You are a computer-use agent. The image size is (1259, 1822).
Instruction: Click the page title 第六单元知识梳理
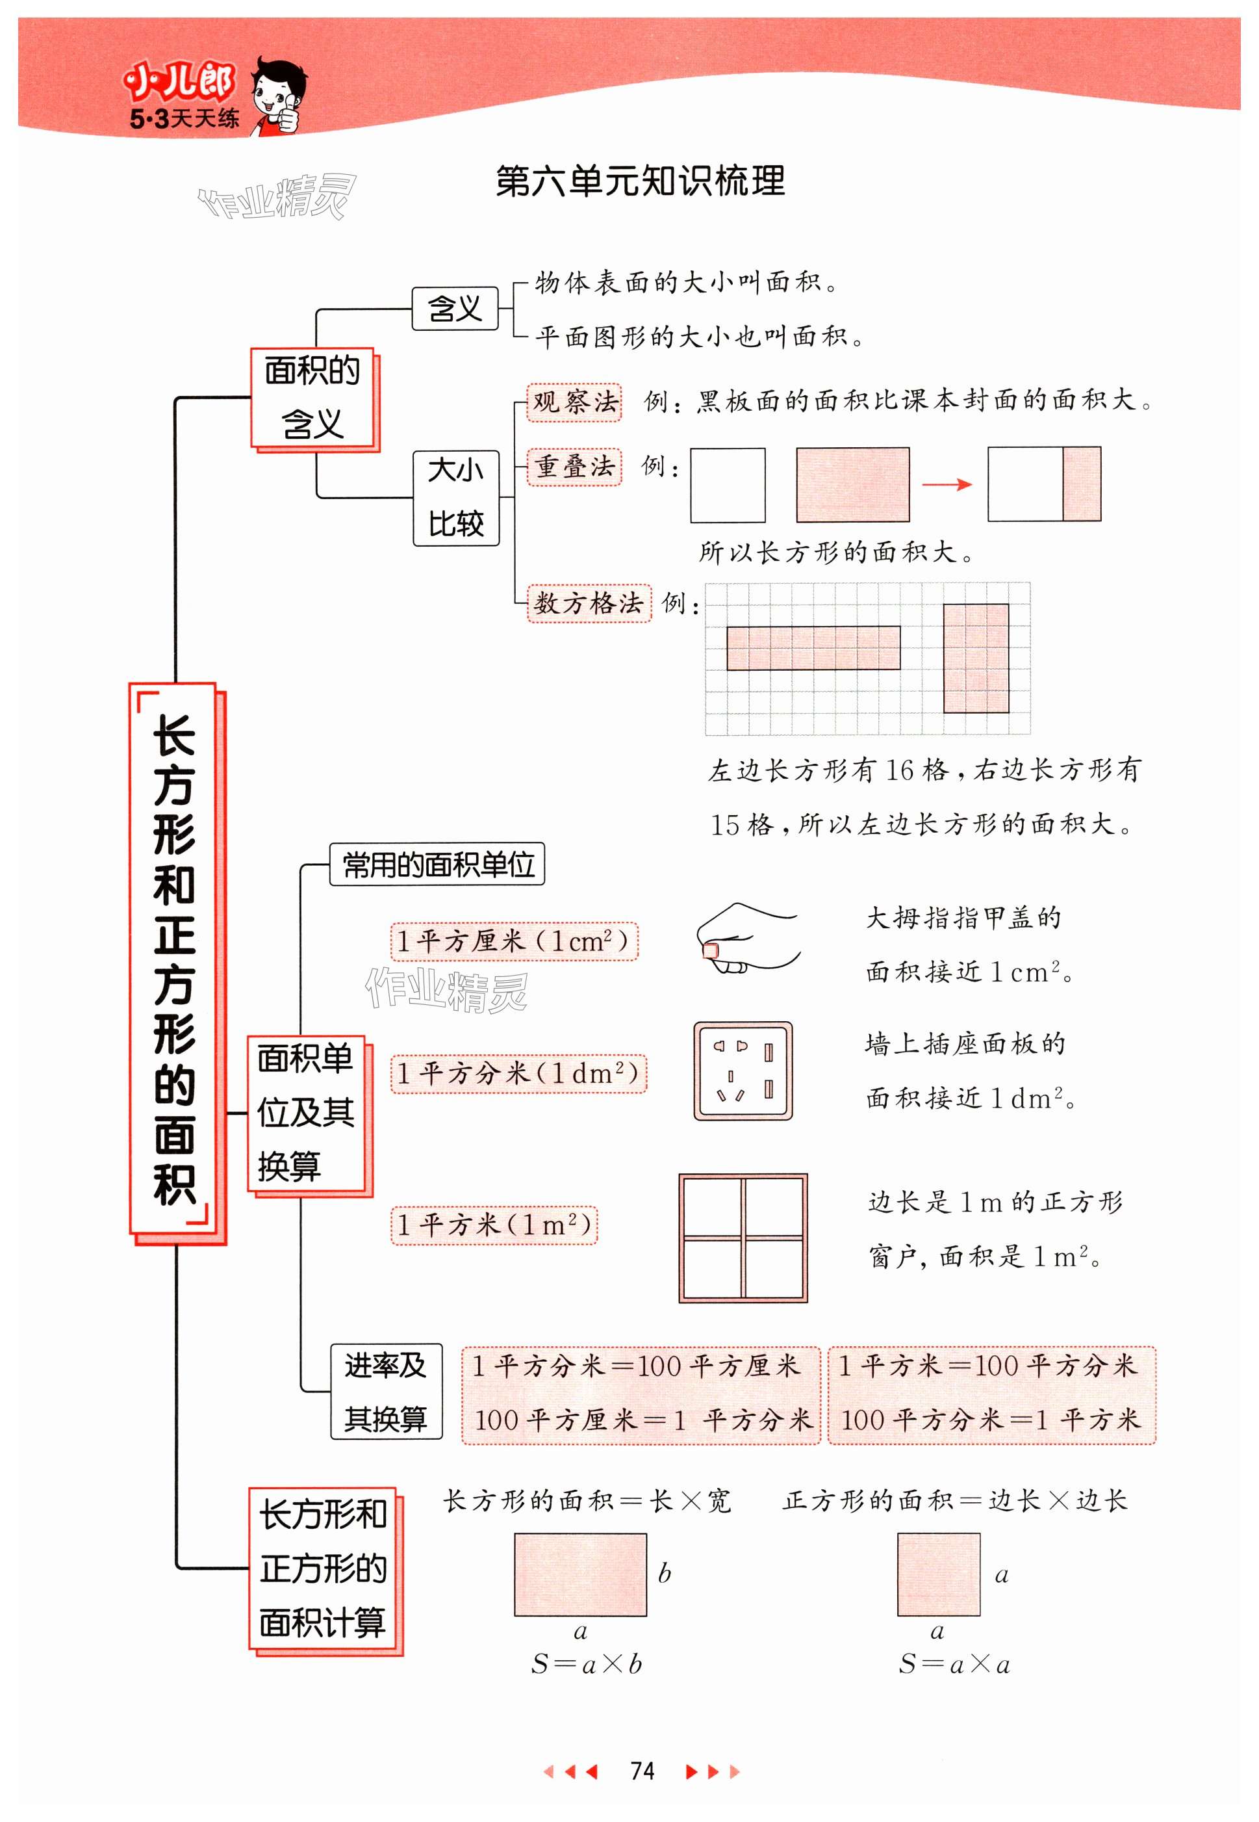[640, 181]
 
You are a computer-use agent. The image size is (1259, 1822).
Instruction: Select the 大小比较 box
[456, 497]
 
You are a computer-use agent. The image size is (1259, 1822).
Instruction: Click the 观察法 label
[574, 402]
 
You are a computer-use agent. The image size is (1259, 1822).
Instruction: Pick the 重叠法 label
[574, 466]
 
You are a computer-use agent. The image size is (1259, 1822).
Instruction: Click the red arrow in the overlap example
[947, 484]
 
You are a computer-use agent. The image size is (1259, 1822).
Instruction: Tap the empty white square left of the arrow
[728, 484]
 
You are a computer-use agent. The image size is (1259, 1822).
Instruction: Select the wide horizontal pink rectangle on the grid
[813, 648]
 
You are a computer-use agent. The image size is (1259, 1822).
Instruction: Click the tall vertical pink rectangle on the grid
[976, 658]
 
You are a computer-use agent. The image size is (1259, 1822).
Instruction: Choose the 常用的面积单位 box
[437, 865]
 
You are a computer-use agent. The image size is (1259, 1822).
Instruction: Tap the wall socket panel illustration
[743, 1071]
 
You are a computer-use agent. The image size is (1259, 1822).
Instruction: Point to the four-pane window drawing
[743, 1237]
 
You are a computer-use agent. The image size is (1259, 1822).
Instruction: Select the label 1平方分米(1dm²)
[518, 1073]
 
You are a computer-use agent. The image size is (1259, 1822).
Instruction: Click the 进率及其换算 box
[386, 1391]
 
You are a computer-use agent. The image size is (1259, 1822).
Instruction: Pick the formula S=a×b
[586, 1664]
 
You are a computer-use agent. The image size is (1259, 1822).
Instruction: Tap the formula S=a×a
[954, 1664]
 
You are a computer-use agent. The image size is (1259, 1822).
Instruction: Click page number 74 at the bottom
[642, 1771]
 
